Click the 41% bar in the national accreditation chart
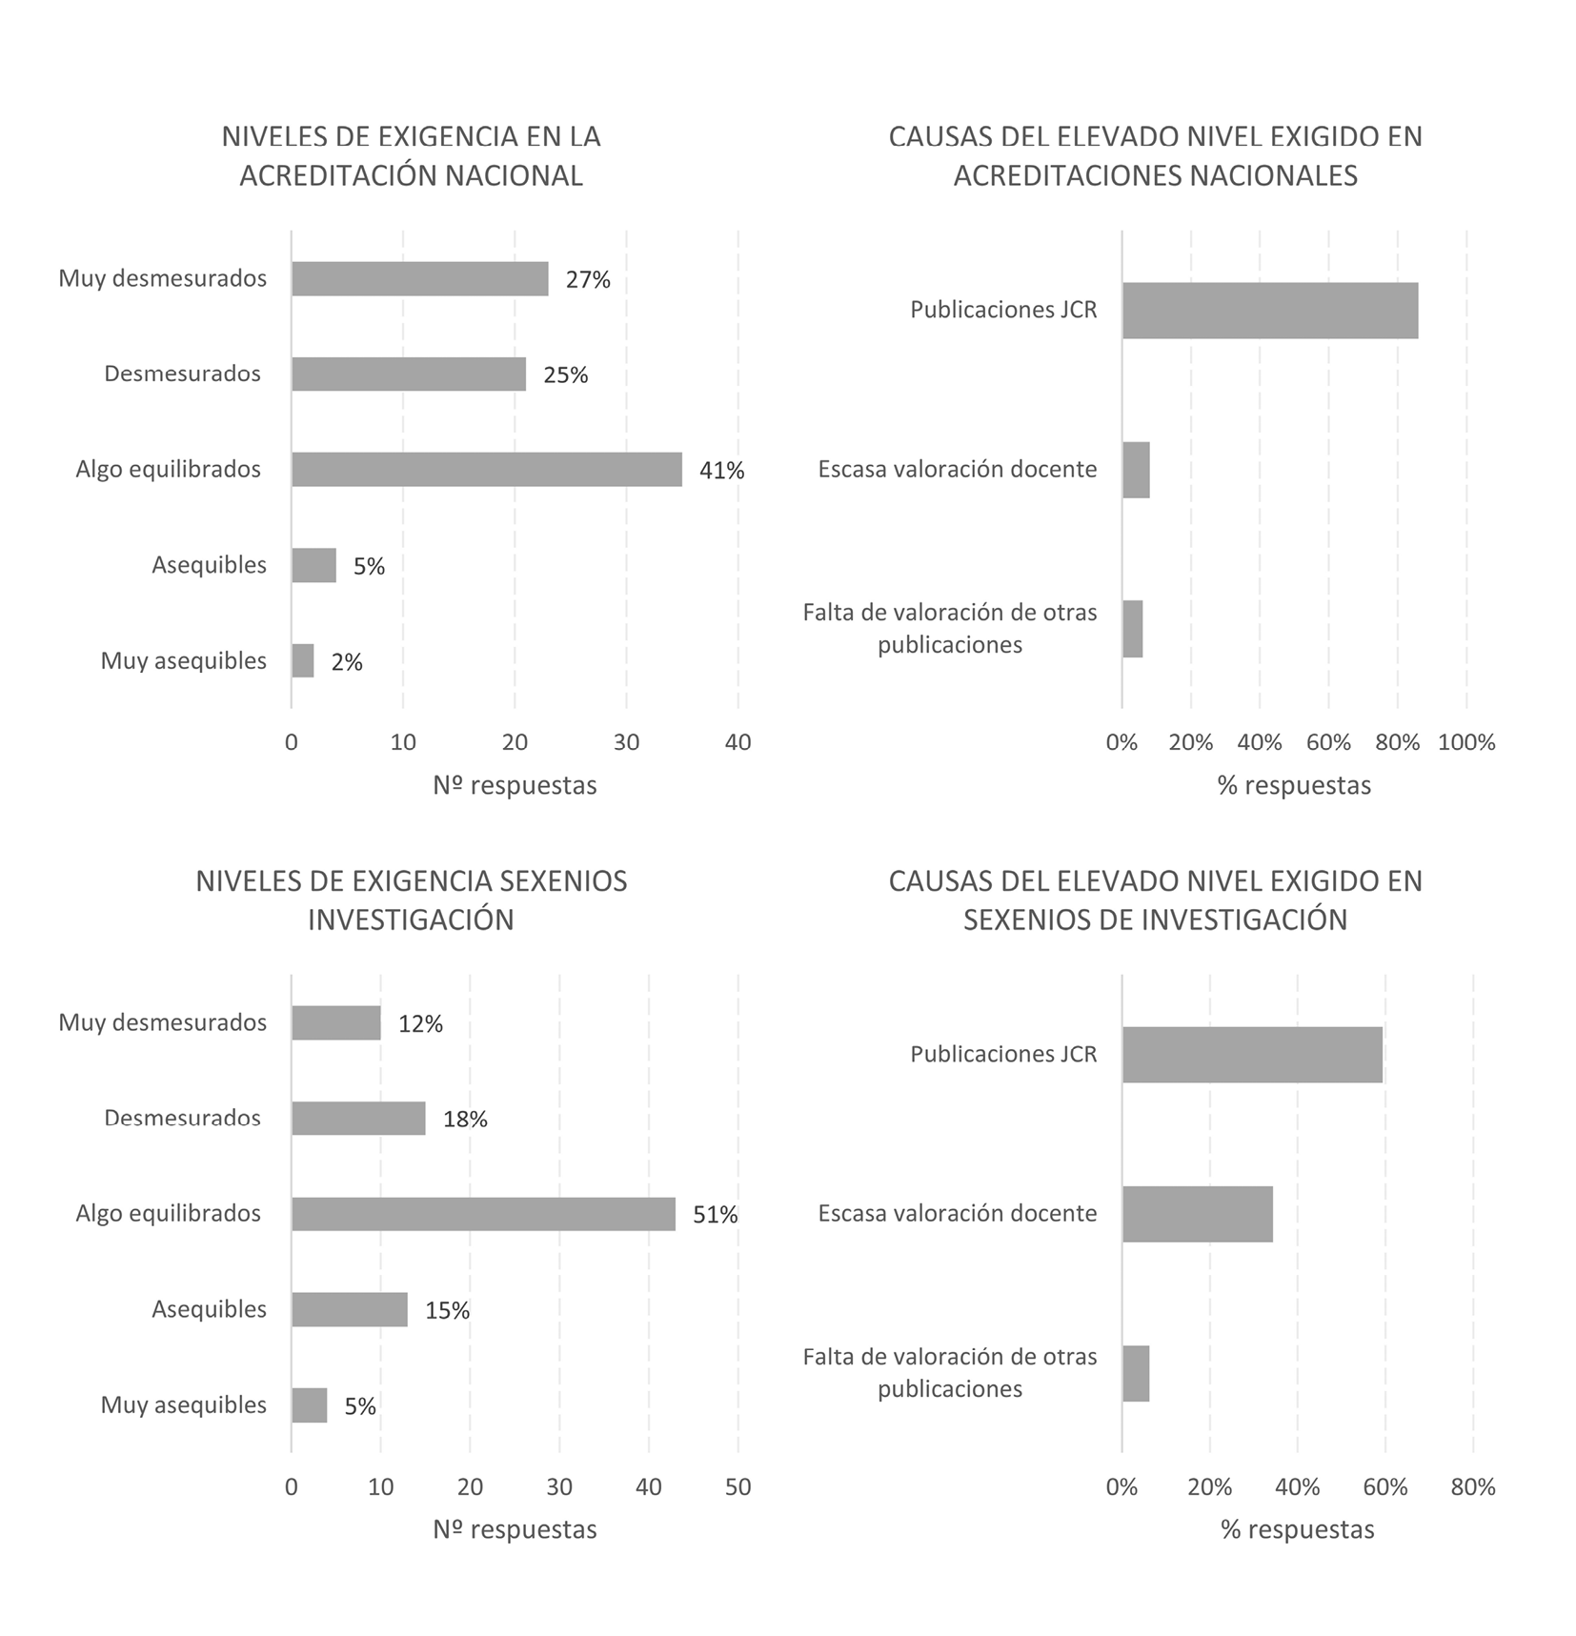pyautogui.click(x=486, y=470)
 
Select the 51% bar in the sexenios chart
pyautogui.click(x=483, y=1214)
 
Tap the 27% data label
pyautogui.click(x=588, y=280)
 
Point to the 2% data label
pyautogui.click(x=347, y=662)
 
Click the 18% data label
pyautogui.click(x=465, y=1120)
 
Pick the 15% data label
pyautogui.click(x=447, y=1311)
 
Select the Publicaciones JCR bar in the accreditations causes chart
pyautogui.click(x=1269, y=311)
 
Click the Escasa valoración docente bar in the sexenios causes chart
pyautogui.click(x=1197, y=1214)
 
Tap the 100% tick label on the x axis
pyautogui.click(x=1465, y=742)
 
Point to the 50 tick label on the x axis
pyautogui.click(x=737, y=1486)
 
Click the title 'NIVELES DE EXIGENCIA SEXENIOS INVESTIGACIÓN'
pyautogui.click(x=411, y=899)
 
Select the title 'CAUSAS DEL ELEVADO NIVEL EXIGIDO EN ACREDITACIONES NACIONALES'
pyautogui.click(x=1155, y=156)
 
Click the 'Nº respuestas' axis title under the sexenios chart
pyautogui.click(x=515, y=1529)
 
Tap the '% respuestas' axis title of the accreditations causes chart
pyautogui.click(x=1294, y=785)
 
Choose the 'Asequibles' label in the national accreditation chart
pyautogui.click(x=209, y=565)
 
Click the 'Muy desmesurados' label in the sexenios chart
pyautogui.click(x=162, y=1022)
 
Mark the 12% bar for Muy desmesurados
pyautogui.click(x=335, y=1023)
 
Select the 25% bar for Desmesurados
pyautogui.click(x=408, y=374)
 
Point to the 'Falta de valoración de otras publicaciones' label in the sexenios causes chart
pyautogui.click(x=950, y=1372)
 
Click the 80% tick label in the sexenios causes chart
pyautogui.click(x=1472, y=1486)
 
